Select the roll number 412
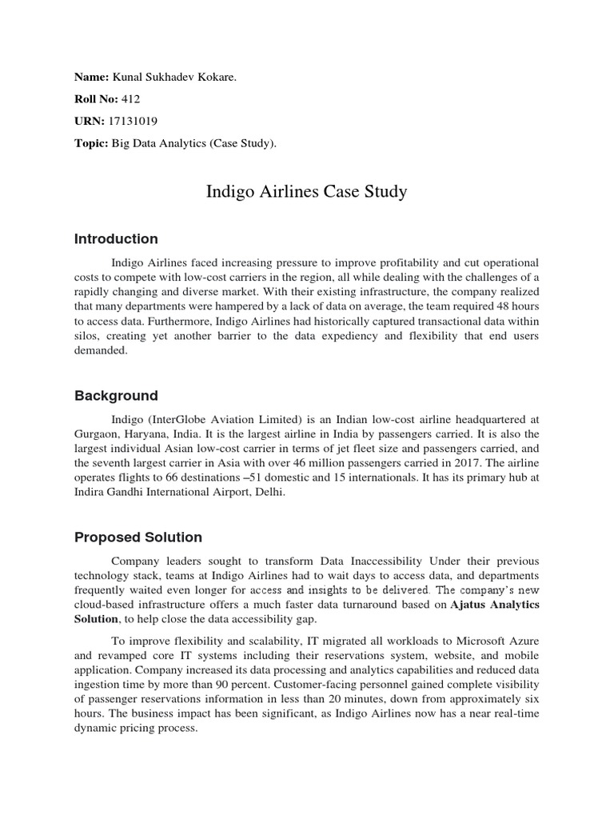[131, 99]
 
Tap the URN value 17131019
[135, 122]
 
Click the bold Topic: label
[91, 144]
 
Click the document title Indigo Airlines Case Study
[307, 192]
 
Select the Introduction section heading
[116, 239]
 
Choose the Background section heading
[116, 396]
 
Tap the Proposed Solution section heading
[138, 537]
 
